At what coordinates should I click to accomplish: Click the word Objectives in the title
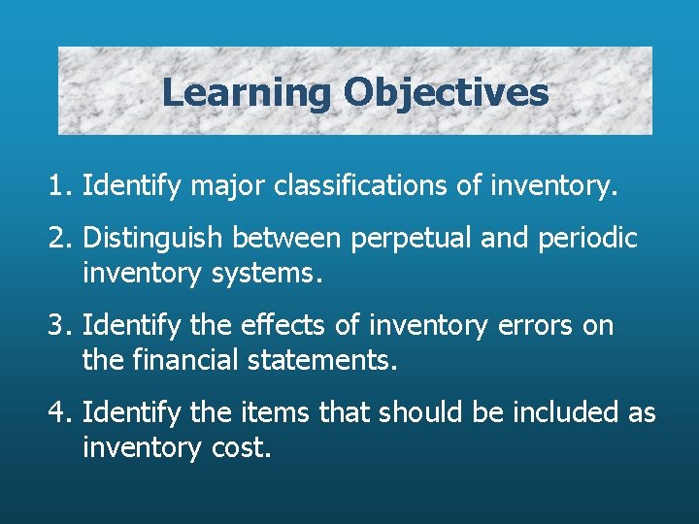click(446, 93)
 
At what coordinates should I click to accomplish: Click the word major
click(236, 184)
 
